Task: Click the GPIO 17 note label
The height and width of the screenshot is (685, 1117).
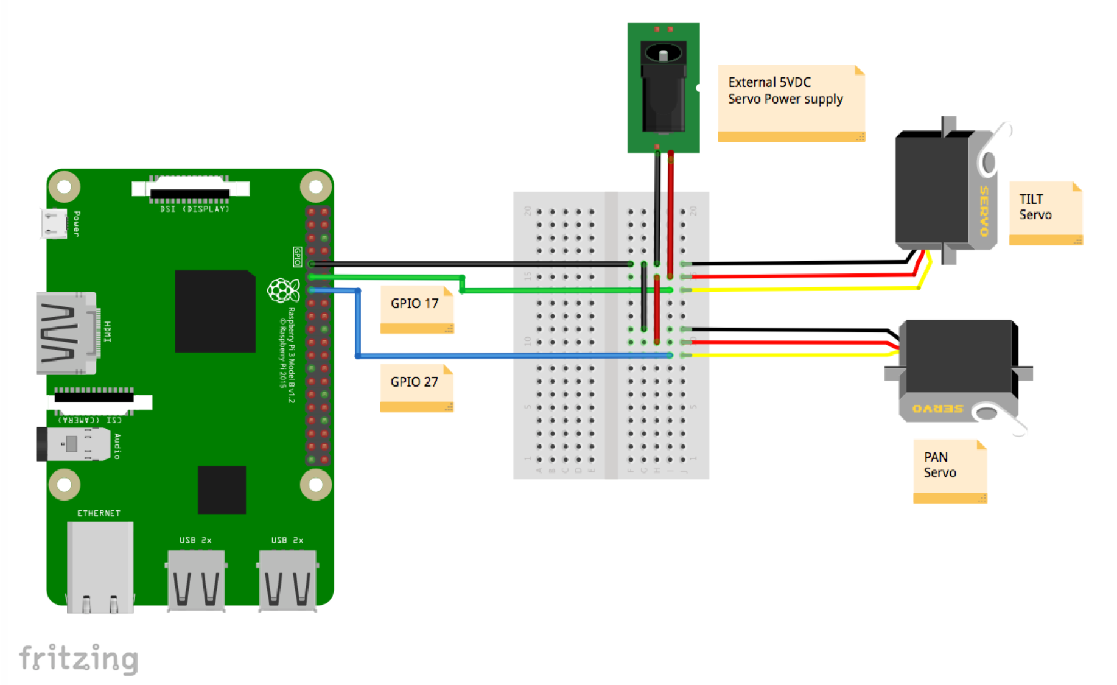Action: click(416, 308)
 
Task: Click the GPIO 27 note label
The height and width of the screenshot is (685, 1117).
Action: click(416, 387)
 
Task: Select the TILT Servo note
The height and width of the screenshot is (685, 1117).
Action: click(1044, 212)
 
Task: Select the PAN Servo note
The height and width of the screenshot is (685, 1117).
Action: click(948, 469)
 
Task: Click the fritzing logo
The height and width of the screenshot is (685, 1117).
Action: click(79, 659)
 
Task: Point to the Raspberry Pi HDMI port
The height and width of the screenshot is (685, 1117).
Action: click(67, 332)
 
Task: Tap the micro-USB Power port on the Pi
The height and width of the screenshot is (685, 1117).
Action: click(54, 223)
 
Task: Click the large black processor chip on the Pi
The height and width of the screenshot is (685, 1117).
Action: click(215, 311)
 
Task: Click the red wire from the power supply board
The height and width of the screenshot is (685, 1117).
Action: click(670, 213)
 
